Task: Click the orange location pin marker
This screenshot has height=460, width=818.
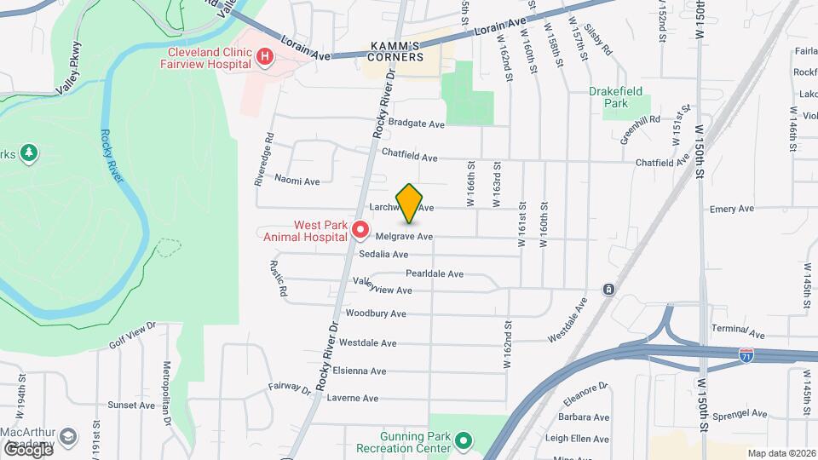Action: [409, 203]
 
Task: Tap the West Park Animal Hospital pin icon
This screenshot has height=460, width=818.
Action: [360, 230]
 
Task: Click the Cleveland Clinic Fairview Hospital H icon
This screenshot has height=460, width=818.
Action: [266, 57]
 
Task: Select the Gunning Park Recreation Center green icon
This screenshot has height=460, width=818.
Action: [463, 440]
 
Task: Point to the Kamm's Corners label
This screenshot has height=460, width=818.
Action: [395, 51]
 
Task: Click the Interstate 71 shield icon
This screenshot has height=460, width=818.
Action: [747, 352]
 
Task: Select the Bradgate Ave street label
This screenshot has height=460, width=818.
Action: [416, 124]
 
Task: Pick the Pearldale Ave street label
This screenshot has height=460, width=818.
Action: [434, 273]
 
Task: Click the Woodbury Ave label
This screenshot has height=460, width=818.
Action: [376, 313]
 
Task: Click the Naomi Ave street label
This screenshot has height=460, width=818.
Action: [297, 181]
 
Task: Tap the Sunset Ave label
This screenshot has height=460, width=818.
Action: [130, 405]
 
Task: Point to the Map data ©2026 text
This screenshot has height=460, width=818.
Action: [781, 453]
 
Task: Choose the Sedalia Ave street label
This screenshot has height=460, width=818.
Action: [383, 254]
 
